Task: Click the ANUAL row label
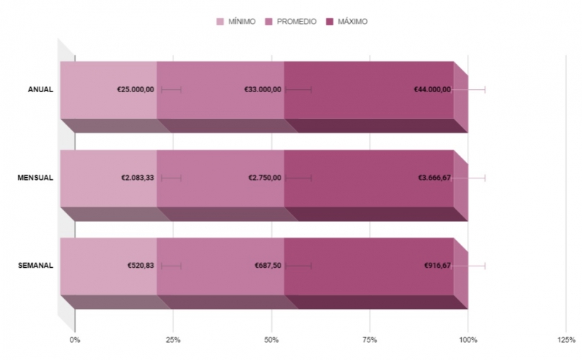coord(40,89)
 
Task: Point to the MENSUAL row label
coord(35,178)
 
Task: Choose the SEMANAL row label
coord(35,266)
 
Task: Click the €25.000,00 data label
coord(135,89)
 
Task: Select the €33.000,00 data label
coord(263,89)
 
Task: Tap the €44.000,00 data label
coord(432,89)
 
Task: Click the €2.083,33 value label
coord(137,178)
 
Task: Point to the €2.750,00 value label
coord(265,178)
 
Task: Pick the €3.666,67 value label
coord(435,178)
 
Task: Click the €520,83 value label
coord(141,266)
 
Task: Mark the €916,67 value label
coord(437,266)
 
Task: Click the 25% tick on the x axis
coord(173,339)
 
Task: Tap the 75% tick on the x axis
coord(370,339)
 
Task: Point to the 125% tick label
coord(566,339)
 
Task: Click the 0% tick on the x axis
coord(75,339)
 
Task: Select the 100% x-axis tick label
coord(468,339)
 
